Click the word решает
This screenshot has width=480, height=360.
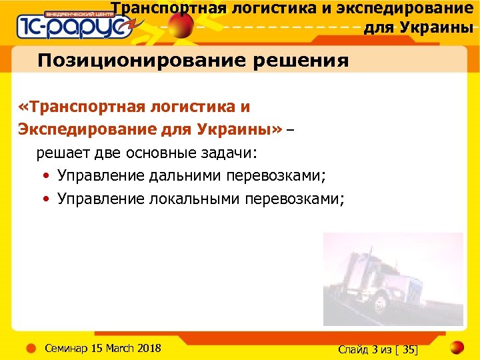click(63, 153)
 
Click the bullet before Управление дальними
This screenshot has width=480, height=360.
click(44, 177)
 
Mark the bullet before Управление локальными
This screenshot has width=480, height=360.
click(44, 199)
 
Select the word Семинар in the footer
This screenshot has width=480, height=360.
click(66, 348)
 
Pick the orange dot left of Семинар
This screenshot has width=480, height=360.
click(30, 348)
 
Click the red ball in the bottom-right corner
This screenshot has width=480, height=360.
click(455, 347)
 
